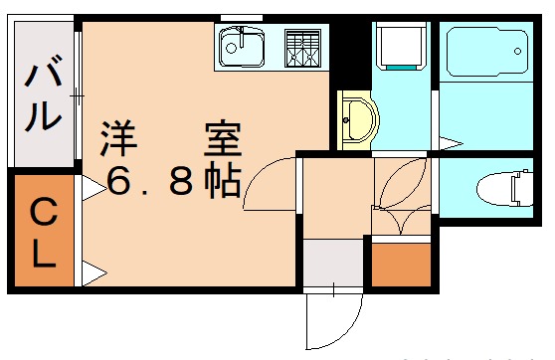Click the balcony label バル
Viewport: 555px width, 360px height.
[x=41, y=96]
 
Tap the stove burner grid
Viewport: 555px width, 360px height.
[x=302, y=46]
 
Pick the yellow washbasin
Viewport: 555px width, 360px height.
[x=355, y=119]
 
